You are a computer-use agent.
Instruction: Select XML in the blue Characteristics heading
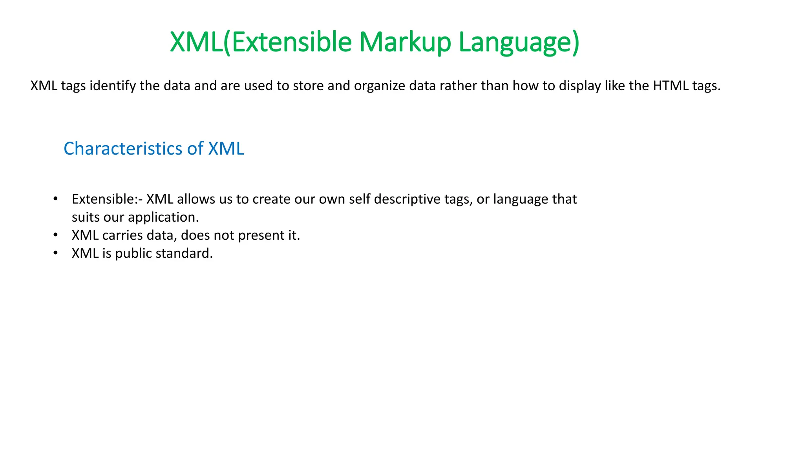[226, 149]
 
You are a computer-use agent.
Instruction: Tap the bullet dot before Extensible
[55, 199]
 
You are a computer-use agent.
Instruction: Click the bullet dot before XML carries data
[55, 235]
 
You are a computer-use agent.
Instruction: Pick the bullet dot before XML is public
[55, 253]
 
